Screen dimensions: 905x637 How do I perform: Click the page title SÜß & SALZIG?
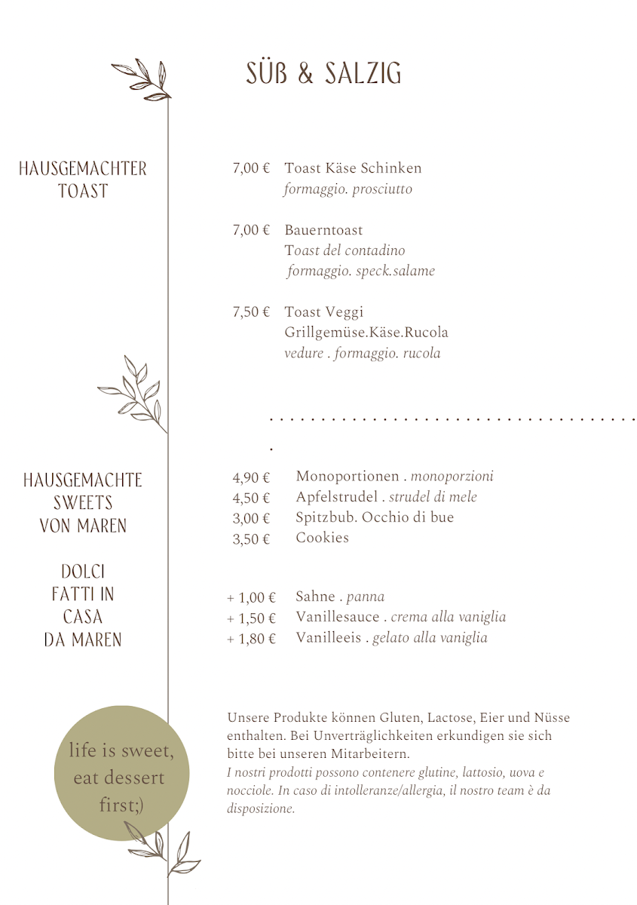point(323,74)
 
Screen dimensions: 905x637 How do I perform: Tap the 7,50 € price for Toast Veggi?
point(250,312)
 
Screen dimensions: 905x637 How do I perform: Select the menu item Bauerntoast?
point(323,230)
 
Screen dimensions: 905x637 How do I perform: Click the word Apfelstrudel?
point(335,497)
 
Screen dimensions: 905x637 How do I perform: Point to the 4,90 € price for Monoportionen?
point(250,477)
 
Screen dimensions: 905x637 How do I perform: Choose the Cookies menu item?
point(322,538)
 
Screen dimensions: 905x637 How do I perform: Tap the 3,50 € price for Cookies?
point(250,538)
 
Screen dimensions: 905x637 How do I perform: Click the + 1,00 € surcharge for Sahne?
point(251,598)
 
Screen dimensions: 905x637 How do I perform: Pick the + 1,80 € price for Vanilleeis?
point(251,639)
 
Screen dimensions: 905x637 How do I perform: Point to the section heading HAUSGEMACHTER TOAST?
point(83,179)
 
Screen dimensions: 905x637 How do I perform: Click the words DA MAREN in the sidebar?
point(83,640)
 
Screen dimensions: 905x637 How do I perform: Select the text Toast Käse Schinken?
point(353,168)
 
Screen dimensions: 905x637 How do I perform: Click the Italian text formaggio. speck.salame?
point(360,271)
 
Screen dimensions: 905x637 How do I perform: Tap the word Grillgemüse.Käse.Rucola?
point(366,333)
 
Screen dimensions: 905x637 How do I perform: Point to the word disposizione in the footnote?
point(260,808)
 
